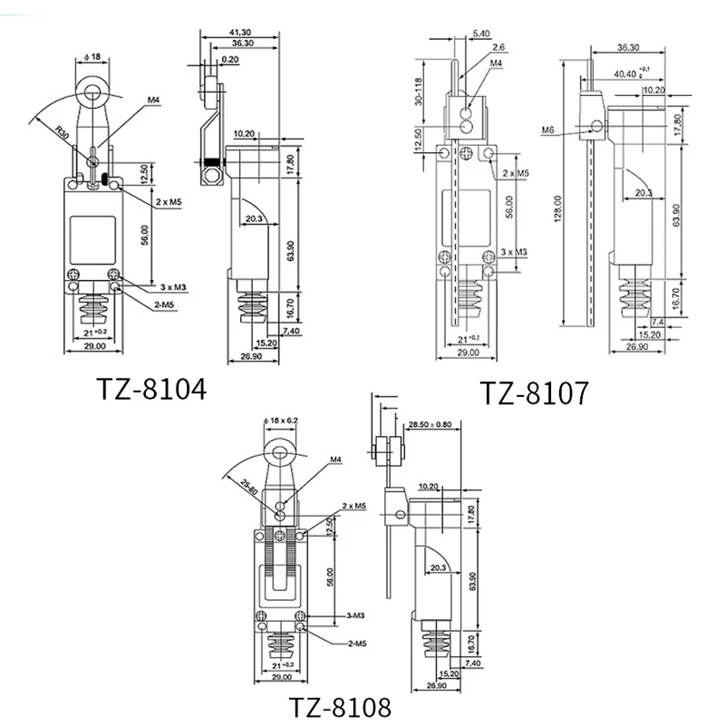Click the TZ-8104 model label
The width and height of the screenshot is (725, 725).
click(152, 389)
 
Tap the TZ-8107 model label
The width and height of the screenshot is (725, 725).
click(535, 392)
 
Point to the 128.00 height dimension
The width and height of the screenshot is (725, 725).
click(560, 208)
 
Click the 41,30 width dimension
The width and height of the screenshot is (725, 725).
click(241, 33)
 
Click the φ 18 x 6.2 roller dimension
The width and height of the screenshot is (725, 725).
click(285, 421)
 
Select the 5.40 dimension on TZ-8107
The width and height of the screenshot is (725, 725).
click(480, 34)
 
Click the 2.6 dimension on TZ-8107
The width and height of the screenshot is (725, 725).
click(498, 48)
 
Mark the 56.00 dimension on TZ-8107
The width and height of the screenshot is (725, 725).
click(510, 209)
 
